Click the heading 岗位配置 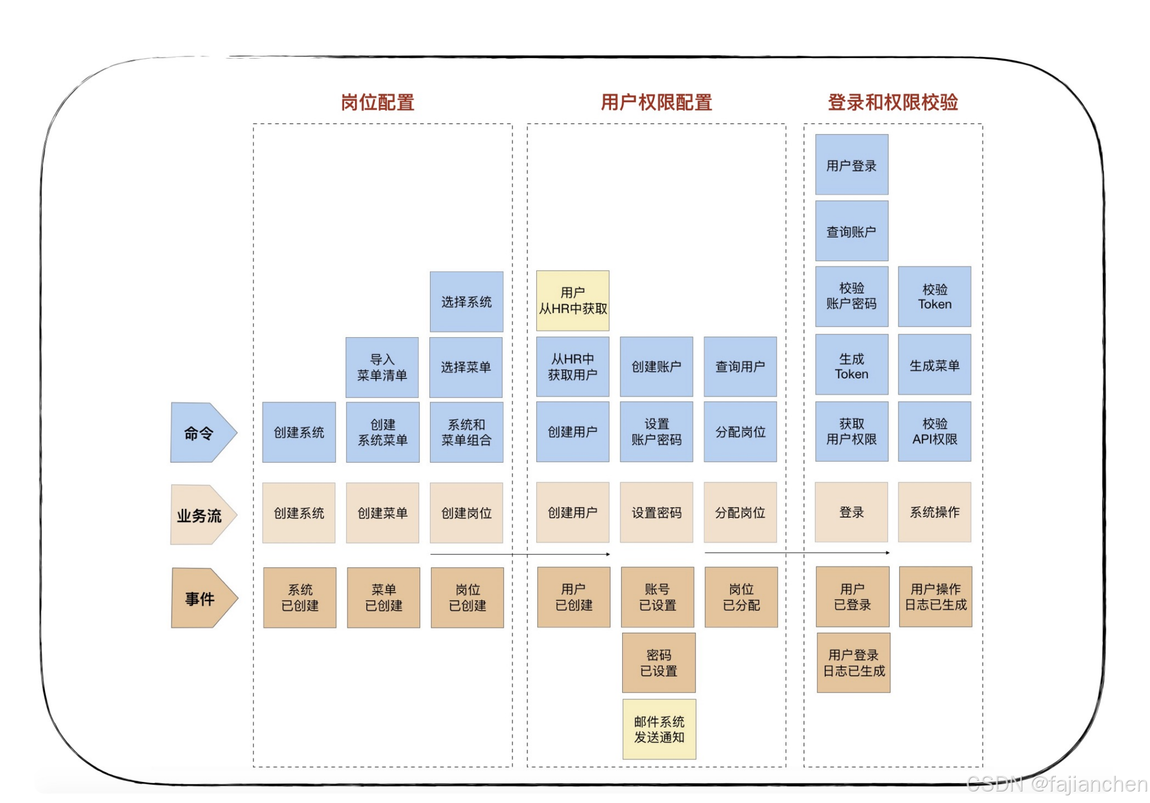tap(377, 102)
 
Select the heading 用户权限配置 tap(656, 102)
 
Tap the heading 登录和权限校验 tap(892, 102)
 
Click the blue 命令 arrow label tap(202, 432)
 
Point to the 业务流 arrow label tap(202, 515)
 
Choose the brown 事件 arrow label tap(203, 598)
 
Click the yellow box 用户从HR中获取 tap(572, 300)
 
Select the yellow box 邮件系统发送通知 tap(659, 729)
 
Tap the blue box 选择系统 tap(466, 302)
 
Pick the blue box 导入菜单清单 tap(382, 367)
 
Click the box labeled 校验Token tap(934, 297)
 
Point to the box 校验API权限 tap(934, 431)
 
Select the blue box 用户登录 tap(852, 165)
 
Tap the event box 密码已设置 tap(658, 663)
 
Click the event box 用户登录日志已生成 tap(853, 663)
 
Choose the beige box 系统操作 tap(934, 512)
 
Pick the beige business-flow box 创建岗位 tap(466, 512)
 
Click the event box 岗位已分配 tap(741, 597)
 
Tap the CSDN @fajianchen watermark tap(1056, 784)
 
